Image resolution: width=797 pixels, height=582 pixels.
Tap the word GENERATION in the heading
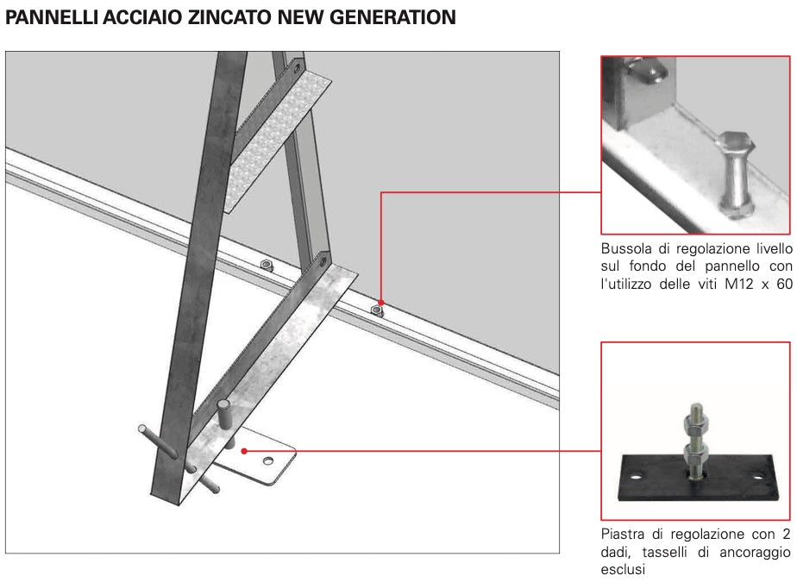point(393,17)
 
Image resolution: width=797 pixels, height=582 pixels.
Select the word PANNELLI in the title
point(51,17)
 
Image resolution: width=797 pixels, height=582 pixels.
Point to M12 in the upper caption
point(739,284)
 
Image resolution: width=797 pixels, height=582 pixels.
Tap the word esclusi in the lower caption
point(623,569)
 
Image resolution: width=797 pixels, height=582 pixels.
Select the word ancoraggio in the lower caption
point(755,552)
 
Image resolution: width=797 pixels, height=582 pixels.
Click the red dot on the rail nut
point(380,303)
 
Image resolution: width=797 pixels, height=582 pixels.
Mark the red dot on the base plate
point(244,451)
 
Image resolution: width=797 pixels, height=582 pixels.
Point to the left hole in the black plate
point(635,477)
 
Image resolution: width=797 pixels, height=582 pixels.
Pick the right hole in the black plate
point(758,477)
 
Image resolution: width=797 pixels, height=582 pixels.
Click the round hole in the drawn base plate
point(268,461)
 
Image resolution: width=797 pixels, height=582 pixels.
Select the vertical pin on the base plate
point(223,416)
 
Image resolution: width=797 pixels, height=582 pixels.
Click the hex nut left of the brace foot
point(266,265)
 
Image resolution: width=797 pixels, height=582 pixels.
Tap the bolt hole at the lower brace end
point(323,262)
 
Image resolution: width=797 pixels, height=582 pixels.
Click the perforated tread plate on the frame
point(277,141)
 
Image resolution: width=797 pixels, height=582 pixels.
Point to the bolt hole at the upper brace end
point(297,67)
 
